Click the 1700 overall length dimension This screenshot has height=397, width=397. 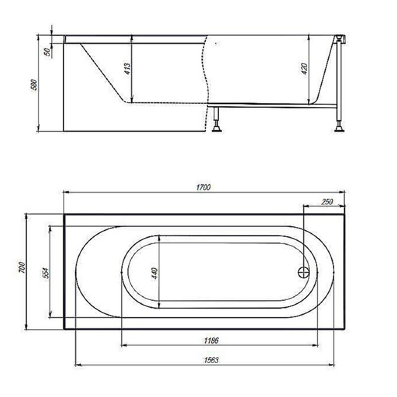tap(203, 187)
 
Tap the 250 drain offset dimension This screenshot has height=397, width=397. tap(327, 202)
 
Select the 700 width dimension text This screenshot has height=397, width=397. tap(22, 267)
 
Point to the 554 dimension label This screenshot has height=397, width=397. tap(46, 272)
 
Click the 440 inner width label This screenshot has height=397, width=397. tap(155, 273)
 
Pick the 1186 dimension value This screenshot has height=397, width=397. tap(211, 340)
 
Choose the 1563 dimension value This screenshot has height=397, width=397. tap(211, 360)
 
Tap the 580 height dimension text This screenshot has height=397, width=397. tap(34, 85)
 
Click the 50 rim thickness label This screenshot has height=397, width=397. tap(47, 52)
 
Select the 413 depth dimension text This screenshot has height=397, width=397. tap(128, 68)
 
